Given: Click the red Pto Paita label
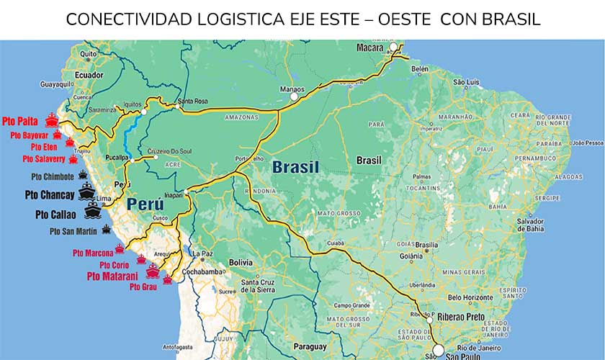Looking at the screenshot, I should click(22, 121).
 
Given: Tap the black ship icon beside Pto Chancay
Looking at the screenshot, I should click(87, 192).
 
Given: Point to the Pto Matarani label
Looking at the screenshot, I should click(114, 275).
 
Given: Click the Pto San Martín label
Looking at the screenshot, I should click(73, 231).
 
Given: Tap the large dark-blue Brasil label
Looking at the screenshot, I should click(295, 168).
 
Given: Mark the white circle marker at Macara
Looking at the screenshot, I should click(394, 48).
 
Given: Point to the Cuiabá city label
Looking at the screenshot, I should click(336, 243).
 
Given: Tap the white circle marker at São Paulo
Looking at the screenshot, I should click(438, 351).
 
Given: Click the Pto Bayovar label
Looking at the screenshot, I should click(29, 135).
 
